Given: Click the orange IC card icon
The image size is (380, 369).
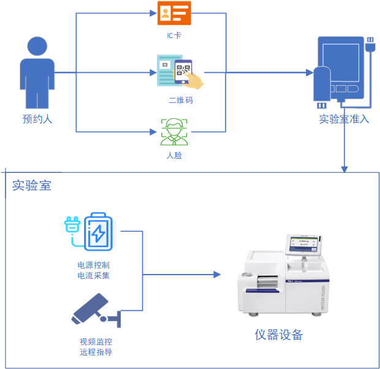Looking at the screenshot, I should point(174,13).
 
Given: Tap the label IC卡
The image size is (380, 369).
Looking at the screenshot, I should point(174,36).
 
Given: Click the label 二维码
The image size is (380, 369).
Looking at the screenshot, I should point(181,100).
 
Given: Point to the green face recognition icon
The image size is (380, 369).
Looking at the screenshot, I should point(174,131).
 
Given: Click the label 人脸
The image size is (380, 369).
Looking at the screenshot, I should point(175,156).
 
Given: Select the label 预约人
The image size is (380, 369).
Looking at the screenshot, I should point(37,119).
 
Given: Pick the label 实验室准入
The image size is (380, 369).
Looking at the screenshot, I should point(344,119).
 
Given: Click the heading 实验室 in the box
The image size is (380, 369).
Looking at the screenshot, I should point(32,185).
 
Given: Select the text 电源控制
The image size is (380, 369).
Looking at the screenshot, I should point(94,265).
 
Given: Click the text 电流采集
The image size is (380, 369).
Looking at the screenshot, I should point(94,276).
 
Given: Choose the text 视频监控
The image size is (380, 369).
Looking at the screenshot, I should point(96,342).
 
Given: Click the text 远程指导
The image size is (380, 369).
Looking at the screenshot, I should point(96,352).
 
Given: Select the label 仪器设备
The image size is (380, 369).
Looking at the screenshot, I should point(279,335).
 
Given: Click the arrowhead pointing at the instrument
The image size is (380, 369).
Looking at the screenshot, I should point(216,274).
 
